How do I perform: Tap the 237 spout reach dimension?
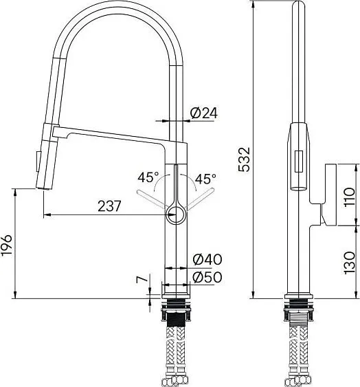[109, 206]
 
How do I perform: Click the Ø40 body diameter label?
[207, 259]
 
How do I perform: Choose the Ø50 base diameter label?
[207, 277]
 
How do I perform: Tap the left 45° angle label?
[148, 177]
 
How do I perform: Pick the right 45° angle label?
[205, 179]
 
